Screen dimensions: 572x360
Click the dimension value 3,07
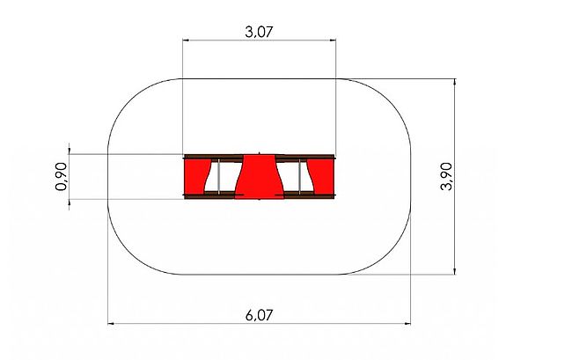(259, 32)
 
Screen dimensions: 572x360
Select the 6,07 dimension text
(259, 315)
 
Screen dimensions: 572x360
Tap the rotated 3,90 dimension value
(446, 177)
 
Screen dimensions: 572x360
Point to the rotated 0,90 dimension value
(62, 177)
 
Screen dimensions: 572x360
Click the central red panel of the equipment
(259, 177)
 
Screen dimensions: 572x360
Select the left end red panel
(197, 177)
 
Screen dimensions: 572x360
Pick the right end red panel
(321, 177)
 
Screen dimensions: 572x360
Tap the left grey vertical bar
(218, 177)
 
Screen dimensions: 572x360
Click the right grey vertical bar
(300, 177)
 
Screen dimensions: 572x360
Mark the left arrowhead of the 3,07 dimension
(186, 40)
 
